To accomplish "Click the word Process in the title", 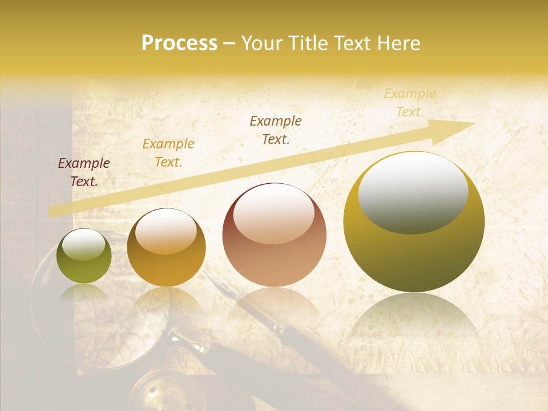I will coord(179,43).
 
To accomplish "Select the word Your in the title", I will coord(261,43).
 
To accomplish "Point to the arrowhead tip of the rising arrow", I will coord(473,123).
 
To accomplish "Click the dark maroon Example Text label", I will coord(84,172).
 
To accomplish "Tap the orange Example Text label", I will coord(168,153).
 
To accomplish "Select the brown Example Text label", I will coord(276,130).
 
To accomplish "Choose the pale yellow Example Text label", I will coord(410,103).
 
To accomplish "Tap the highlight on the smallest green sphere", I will coord(83,244).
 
